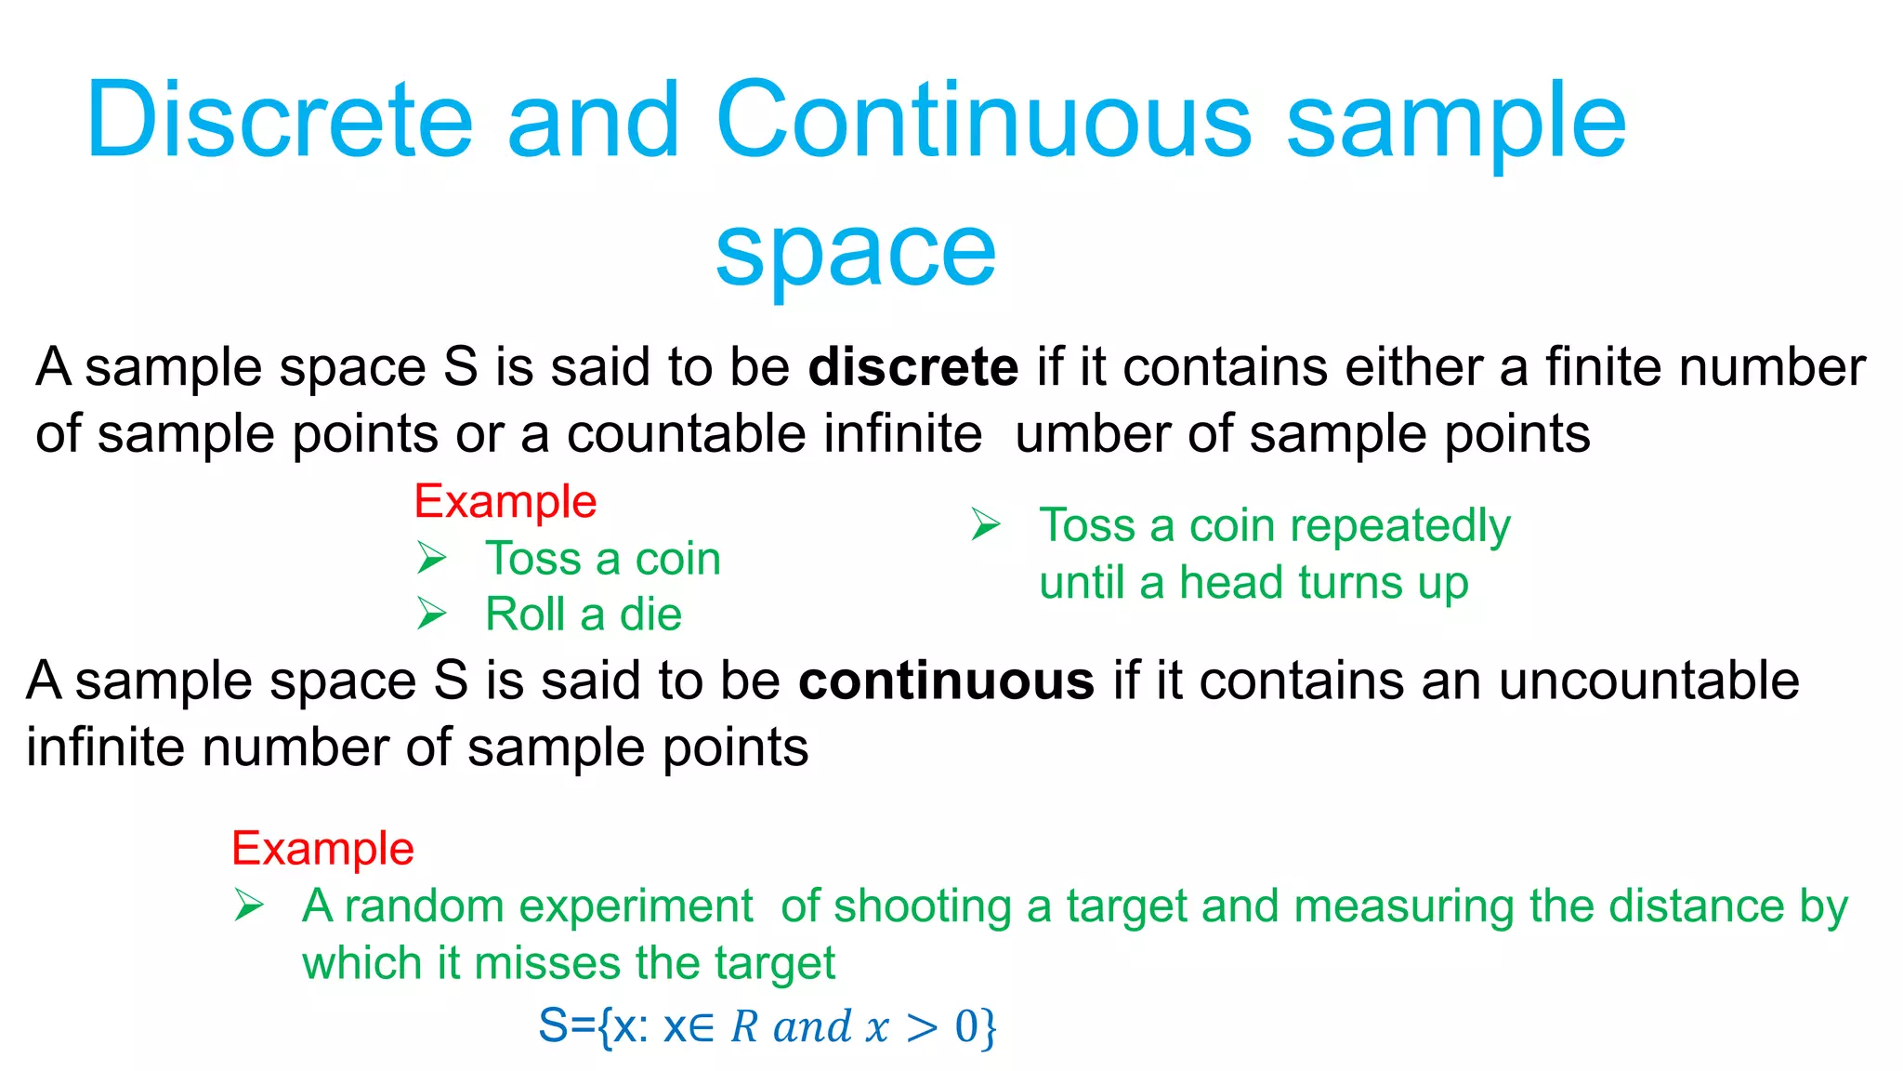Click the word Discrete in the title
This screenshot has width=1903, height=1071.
point(279,121)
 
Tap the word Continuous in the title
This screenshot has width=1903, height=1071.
point(983,121)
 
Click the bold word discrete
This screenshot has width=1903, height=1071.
point(912,367)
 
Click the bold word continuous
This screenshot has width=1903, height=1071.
point(946,681)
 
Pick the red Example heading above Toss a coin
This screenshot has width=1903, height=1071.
point(505,502)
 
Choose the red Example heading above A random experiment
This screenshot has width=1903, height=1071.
point(322,849)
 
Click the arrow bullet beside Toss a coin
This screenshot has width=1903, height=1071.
point(432,559)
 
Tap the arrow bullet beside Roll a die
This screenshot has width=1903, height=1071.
point(432,615)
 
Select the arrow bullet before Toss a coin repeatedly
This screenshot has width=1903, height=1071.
point(986,525)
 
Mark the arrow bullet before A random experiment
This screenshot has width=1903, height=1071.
point(249,906)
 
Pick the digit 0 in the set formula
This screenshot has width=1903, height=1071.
point(966,1027)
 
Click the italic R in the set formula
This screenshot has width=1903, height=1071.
point(744,1027)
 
